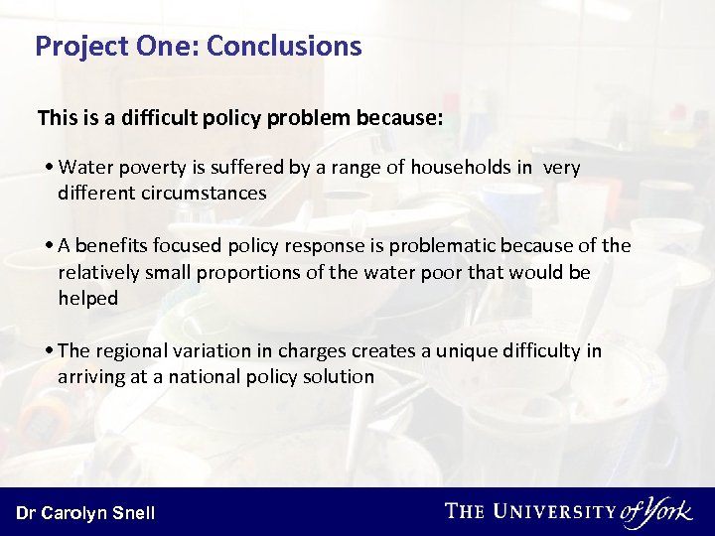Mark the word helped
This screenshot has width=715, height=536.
pos(87,298)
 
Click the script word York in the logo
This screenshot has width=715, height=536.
pos(668,510)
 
